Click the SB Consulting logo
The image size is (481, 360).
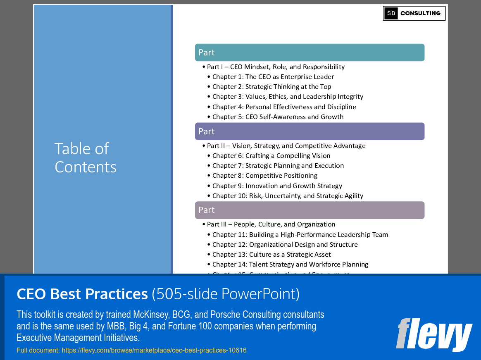coord(414,13)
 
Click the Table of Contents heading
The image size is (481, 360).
coord(86,157)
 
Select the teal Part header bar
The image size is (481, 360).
coord(310,52)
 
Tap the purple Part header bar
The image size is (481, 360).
coord(310,131)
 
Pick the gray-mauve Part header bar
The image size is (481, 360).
coord(310,210)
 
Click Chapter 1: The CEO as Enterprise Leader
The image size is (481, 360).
coord(273,77)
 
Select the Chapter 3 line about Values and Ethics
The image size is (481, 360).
coord(288,97)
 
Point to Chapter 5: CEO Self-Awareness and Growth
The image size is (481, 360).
coord(278,117)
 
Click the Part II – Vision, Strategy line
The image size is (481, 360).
coord(286,146)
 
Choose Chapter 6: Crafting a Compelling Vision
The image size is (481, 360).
coord(271,156)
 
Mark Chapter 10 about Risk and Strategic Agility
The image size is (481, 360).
coord(288,196)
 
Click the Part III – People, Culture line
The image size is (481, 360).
coord(271,224)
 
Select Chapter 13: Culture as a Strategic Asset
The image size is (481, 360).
coord(271,255)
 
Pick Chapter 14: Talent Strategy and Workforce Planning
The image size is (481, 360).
coord(290,265)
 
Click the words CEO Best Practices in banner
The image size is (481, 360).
coord(82,294)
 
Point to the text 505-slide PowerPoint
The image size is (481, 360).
coord(226,294)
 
